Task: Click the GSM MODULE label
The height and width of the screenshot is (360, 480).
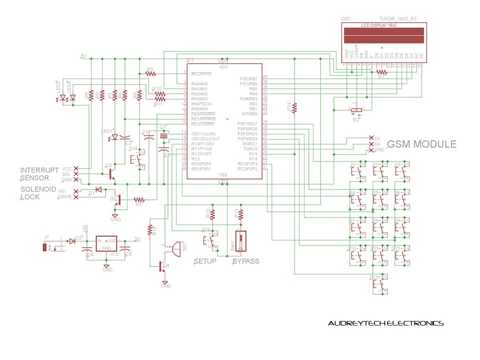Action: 421,144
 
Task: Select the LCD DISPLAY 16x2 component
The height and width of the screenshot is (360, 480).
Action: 382,35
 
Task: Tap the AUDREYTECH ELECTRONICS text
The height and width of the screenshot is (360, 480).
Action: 385,323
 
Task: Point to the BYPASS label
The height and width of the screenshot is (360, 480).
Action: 245,261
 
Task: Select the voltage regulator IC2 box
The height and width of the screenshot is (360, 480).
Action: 106,245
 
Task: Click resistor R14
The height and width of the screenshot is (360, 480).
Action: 295,107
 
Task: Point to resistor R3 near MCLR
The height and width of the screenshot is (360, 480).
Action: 151,73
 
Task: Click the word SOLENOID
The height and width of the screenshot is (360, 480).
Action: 37,189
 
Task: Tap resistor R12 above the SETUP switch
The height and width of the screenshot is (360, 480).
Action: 212,214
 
